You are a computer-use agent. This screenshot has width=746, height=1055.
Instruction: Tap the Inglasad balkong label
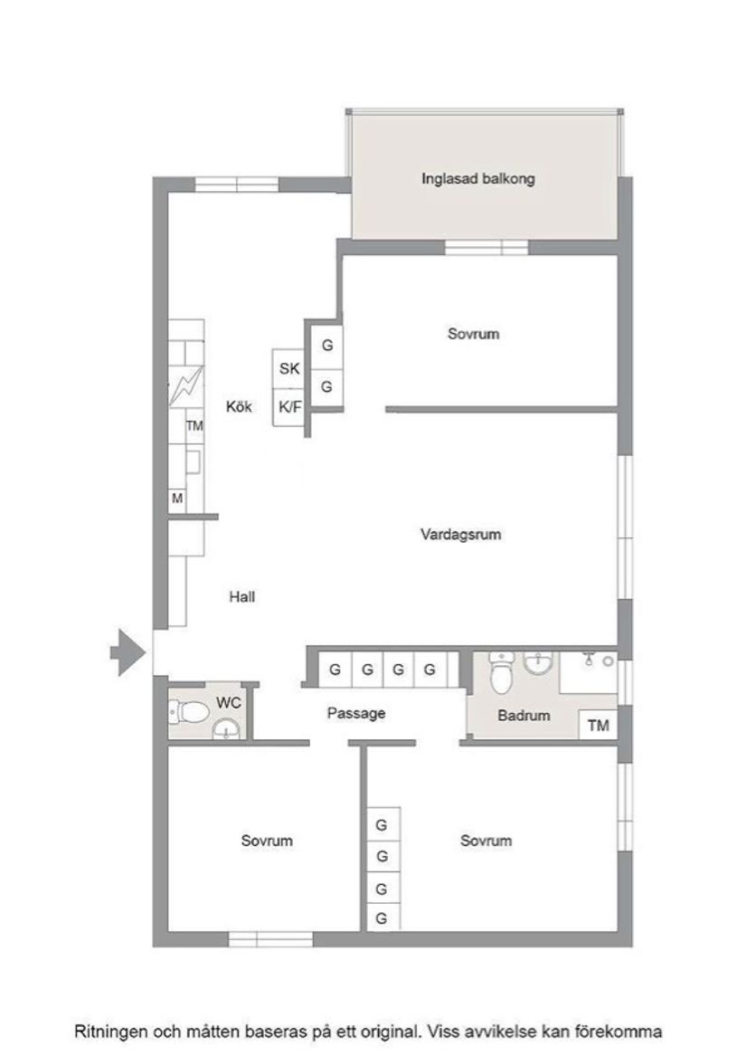[477, 178]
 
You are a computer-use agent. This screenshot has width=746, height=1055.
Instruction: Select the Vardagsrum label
[460, 534]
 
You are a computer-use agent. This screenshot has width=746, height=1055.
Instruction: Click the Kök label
[240, 407]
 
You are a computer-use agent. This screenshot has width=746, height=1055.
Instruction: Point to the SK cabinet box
[289, 368]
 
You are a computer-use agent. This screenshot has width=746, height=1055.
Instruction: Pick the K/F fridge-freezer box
[289, 407]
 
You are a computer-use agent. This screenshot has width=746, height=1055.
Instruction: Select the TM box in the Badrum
[598, 725]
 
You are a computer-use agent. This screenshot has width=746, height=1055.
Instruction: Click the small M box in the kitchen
[177, 499]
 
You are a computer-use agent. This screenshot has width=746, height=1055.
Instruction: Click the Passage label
[356, 713]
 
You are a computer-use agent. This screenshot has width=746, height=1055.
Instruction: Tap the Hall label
[242, 596]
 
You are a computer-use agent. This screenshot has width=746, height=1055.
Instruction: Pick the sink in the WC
[225, 729]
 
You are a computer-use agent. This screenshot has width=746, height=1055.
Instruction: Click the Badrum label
[524, 715]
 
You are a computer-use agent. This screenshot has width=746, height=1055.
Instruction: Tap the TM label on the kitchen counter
[194, 425]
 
